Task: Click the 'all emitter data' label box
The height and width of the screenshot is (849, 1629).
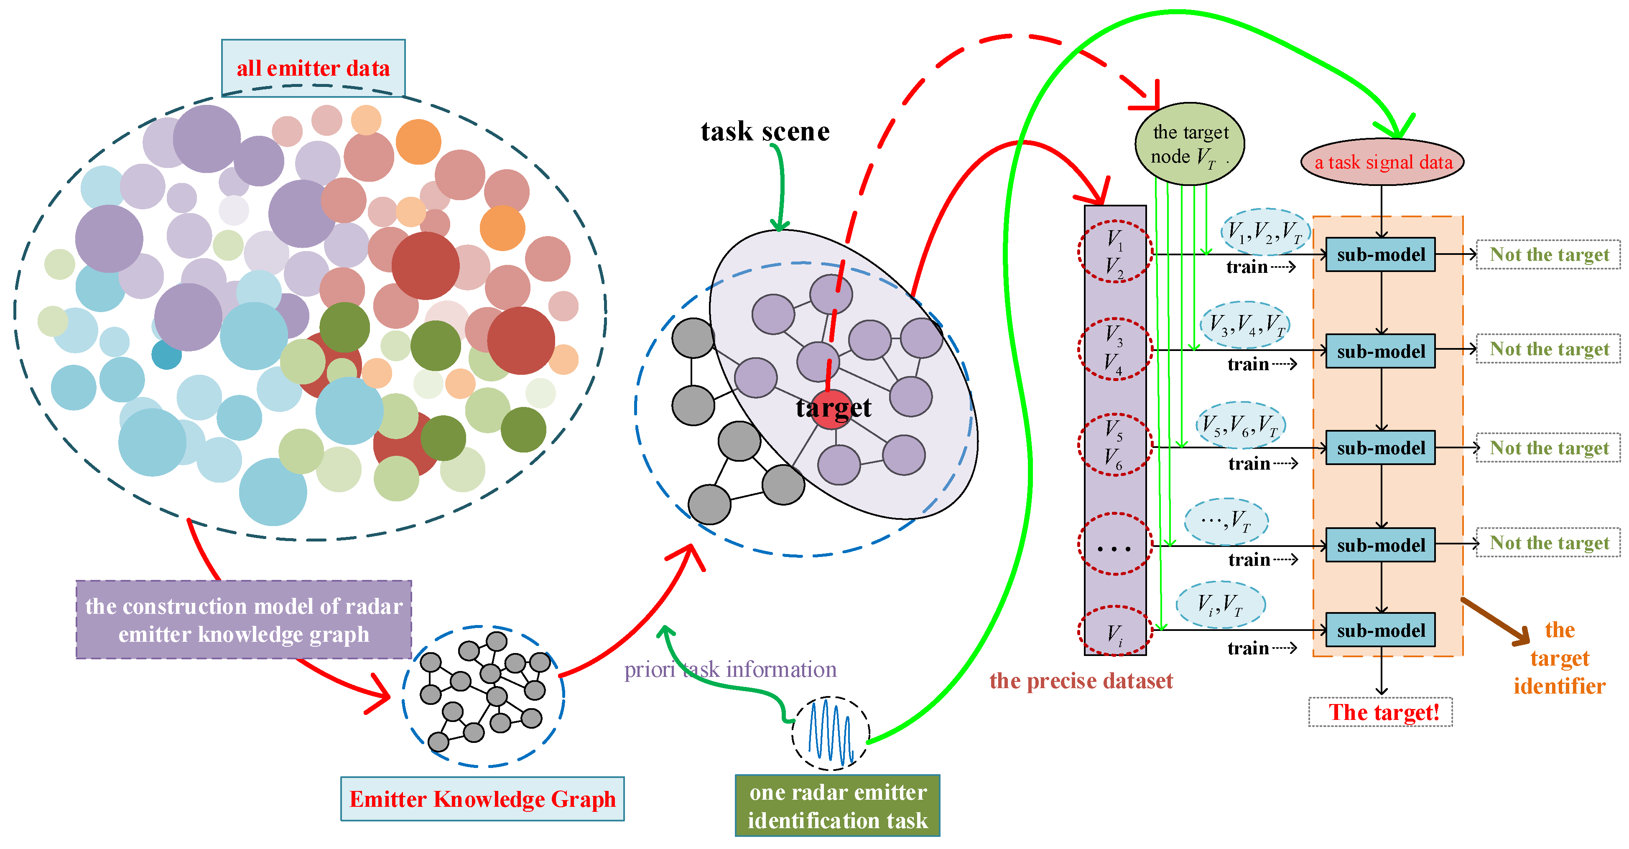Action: [313, 68]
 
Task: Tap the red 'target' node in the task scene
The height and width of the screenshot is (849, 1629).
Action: [833, 409]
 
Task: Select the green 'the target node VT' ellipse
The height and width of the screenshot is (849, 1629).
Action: [1190, 144]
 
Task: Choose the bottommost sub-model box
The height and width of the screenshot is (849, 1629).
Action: [1380, 630]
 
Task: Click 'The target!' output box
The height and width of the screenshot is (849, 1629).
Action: [1380, 712]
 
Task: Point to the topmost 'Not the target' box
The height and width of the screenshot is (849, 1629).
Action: [1548, 255]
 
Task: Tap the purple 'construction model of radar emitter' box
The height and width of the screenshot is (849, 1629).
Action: [243, 620]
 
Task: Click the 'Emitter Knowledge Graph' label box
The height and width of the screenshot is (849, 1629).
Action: [482, 799]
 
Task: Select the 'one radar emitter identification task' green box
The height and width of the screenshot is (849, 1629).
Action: [837, 806]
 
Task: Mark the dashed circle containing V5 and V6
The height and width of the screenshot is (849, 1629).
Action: [1114, 445]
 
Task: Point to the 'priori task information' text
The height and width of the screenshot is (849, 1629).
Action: [730, 669]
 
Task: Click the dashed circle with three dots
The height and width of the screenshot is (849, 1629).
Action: [1114, 544]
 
